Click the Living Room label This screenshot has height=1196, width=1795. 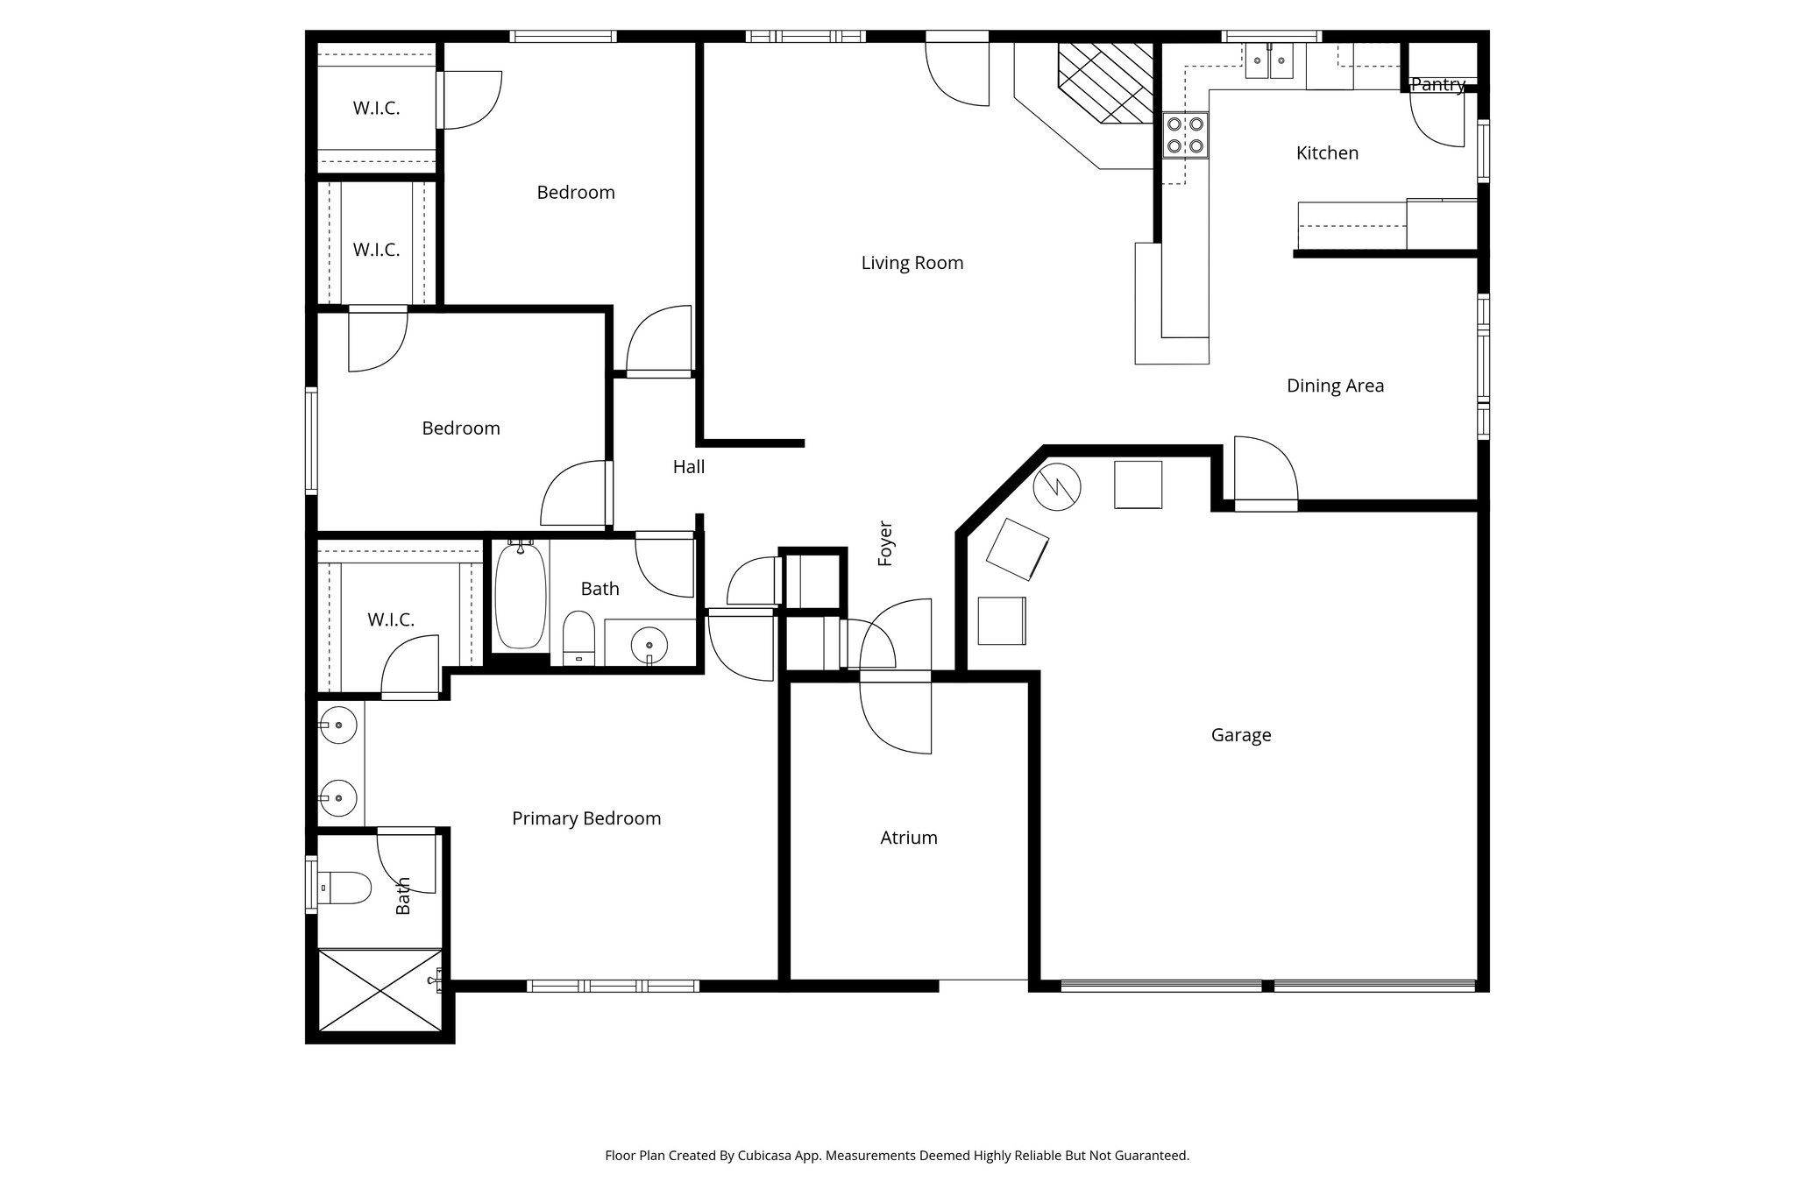(x=912, y=263)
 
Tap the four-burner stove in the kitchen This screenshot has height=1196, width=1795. (x=1185, y=135)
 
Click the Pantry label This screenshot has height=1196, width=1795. (x=1437, y=85)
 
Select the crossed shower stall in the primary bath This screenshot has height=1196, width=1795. (x=379, y=989)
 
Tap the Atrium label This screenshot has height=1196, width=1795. (x=908, y=838)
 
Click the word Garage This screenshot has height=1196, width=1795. (x=1240, y=735)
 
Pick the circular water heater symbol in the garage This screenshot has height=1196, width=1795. (x=1056, y=486)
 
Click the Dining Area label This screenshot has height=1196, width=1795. (x=1334, y=386)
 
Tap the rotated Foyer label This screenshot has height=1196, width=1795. (x=885, y=543)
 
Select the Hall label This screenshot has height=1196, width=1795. (x=688, y=467)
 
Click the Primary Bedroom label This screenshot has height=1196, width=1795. (x=585, y=818)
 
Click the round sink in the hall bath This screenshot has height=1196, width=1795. (x=649, y=645)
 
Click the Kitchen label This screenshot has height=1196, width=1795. (x=1326, y=153)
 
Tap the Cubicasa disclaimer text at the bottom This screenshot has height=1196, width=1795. (x=897, y=1156)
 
